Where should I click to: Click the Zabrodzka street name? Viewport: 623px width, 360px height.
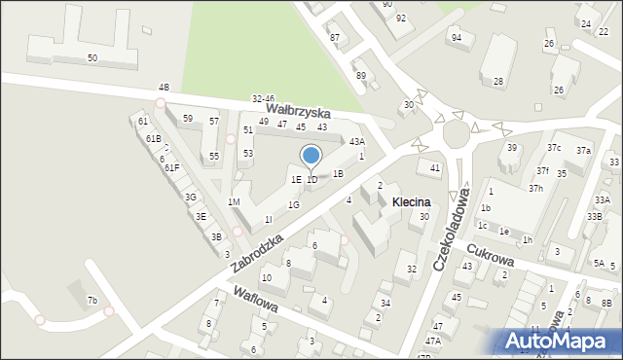pyautogui.click(x=258, y=252)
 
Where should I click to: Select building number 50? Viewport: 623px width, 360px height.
pyautogui.click(x=92, y=58)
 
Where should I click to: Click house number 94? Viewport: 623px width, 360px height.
pyautogui.click(x=456, y=37)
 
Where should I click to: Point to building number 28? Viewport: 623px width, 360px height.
pyautogui.click(x=498, y=81)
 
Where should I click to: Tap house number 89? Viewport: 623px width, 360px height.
pyautogui.click(x=360, y=75)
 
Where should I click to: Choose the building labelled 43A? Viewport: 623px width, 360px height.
pyautogui.click(x=357, y=141)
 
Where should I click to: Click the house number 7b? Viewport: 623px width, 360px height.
pyautogui.click(x=92, y=300)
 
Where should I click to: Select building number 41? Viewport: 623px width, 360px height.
pyautogui.click(x=435, y=168)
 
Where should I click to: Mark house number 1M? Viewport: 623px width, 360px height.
pyautogui.click(x=234, y=201)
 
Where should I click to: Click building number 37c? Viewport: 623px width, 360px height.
pyautogui.click(x=554, y=147)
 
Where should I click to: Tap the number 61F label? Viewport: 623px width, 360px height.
pyautogui.click(x=171, y=168)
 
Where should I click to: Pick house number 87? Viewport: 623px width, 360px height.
pyautogui.click(x=335, y=38)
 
